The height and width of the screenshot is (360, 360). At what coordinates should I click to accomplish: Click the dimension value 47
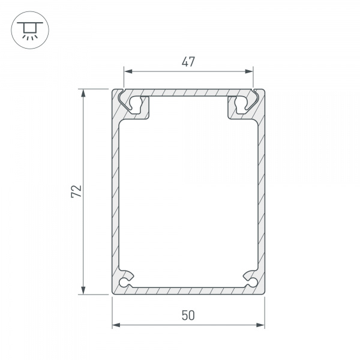click(188, 62)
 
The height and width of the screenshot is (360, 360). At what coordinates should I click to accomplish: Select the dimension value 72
click(76, 191)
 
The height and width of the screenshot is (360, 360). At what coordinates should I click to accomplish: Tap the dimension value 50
click(188, 315)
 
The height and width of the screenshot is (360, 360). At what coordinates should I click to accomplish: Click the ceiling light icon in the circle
click(30, 31)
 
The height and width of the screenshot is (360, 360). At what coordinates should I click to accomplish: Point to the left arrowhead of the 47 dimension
click(128, 71)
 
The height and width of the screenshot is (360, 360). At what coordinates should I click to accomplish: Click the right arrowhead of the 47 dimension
click(248, 71)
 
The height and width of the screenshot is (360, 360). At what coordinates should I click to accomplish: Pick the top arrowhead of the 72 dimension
click(83, 93)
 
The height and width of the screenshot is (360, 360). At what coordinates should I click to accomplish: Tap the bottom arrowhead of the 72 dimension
click(83, 290)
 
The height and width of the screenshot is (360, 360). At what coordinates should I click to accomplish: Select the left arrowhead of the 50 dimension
click(116, 325)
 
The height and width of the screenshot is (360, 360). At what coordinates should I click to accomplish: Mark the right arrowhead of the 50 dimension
click(260, 325)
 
